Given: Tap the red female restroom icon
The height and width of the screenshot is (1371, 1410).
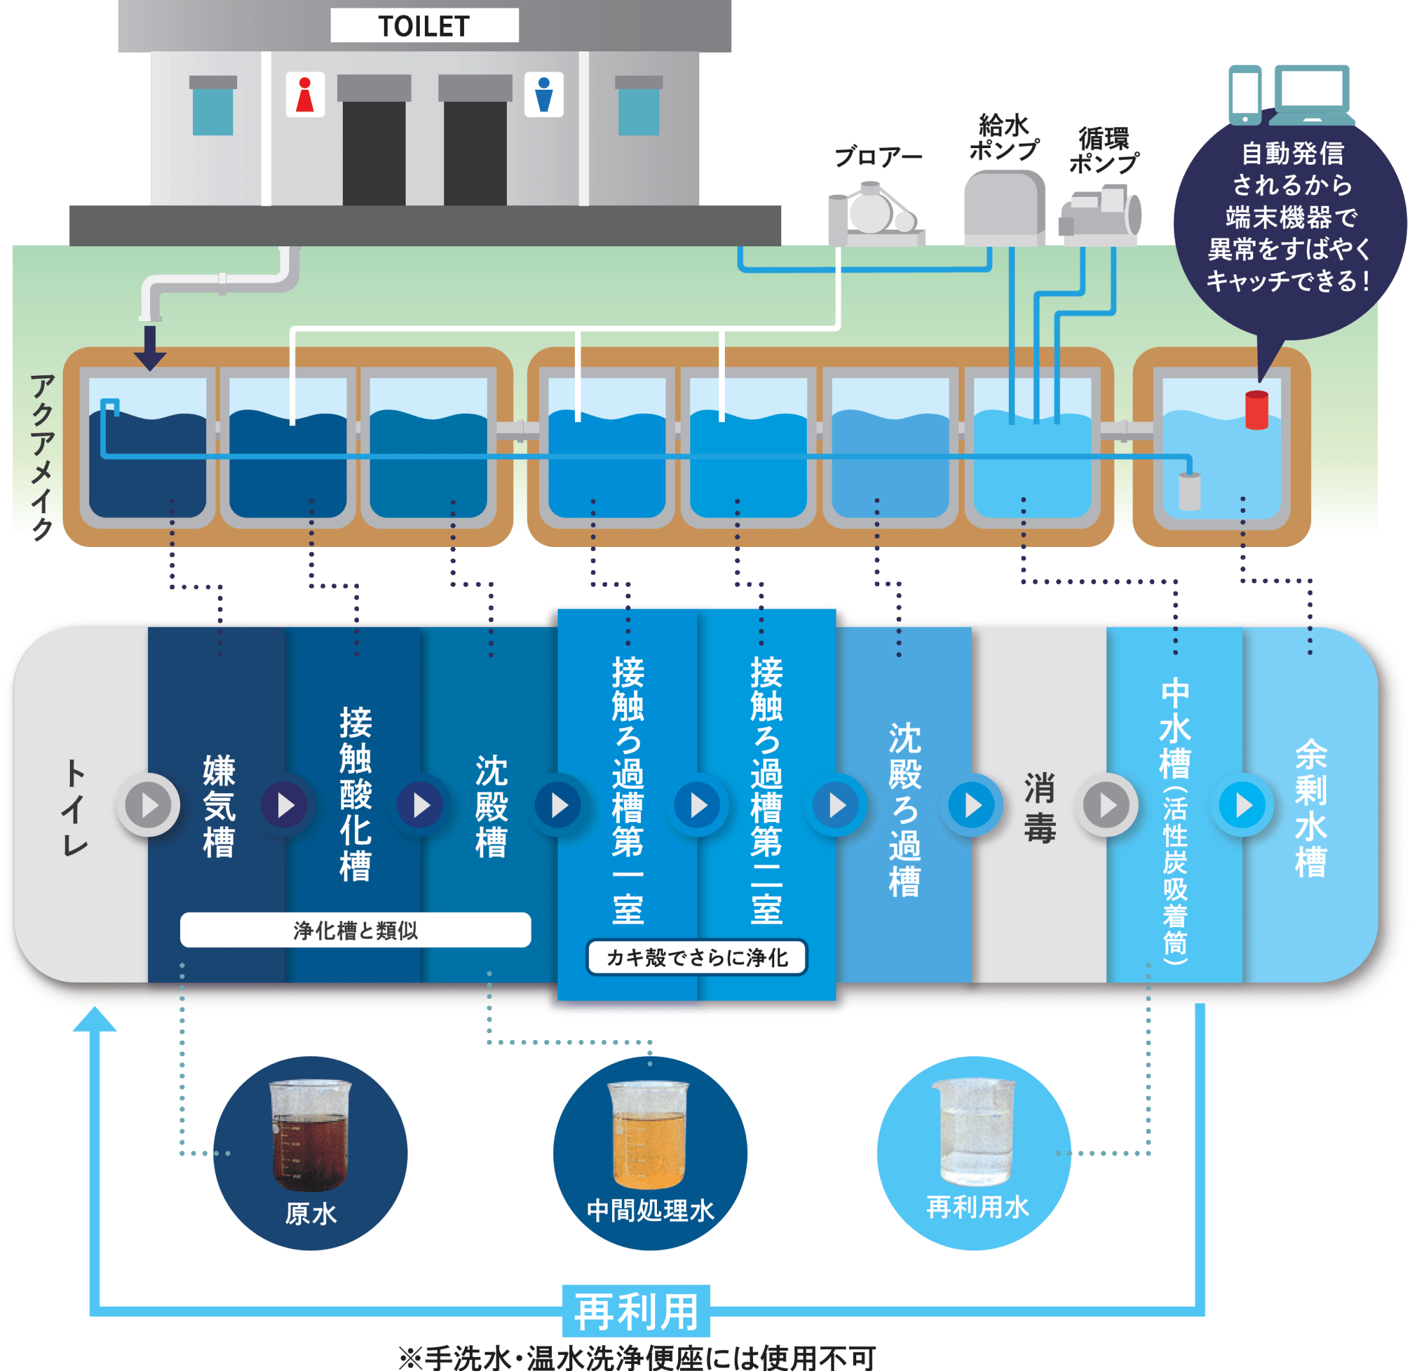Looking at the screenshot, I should (305, 94).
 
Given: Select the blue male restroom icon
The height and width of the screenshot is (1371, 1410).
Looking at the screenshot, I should (543, 94).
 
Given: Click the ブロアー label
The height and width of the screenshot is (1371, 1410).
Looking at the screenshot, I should (877, 157).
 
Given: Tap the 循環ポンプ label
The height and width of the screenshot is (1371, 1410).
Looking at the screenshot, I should (1104, 151).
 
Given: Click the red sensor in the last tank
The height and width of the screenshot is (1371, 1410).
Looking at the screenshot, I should (1257, 410).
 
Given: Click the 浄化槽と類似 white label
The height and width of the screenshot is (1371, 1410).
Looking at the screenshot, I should (356, 930).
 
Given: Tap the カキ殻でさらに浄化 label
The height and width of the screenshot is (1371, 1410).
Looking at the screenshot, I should (697, 957).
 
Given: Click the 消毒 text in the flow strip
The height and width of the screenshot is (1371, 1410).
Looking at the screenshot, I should (1040, 807).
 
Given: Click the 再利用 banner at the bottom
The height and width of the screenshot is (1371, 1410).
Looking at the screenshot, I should (636, 1311).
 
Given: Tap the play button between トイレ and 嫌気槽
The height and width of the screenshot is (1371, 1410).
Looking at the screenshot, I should (149, 805).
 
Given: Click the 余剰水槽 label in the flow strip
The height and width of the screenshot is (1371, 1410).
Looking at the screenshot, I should (1310, 807).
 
